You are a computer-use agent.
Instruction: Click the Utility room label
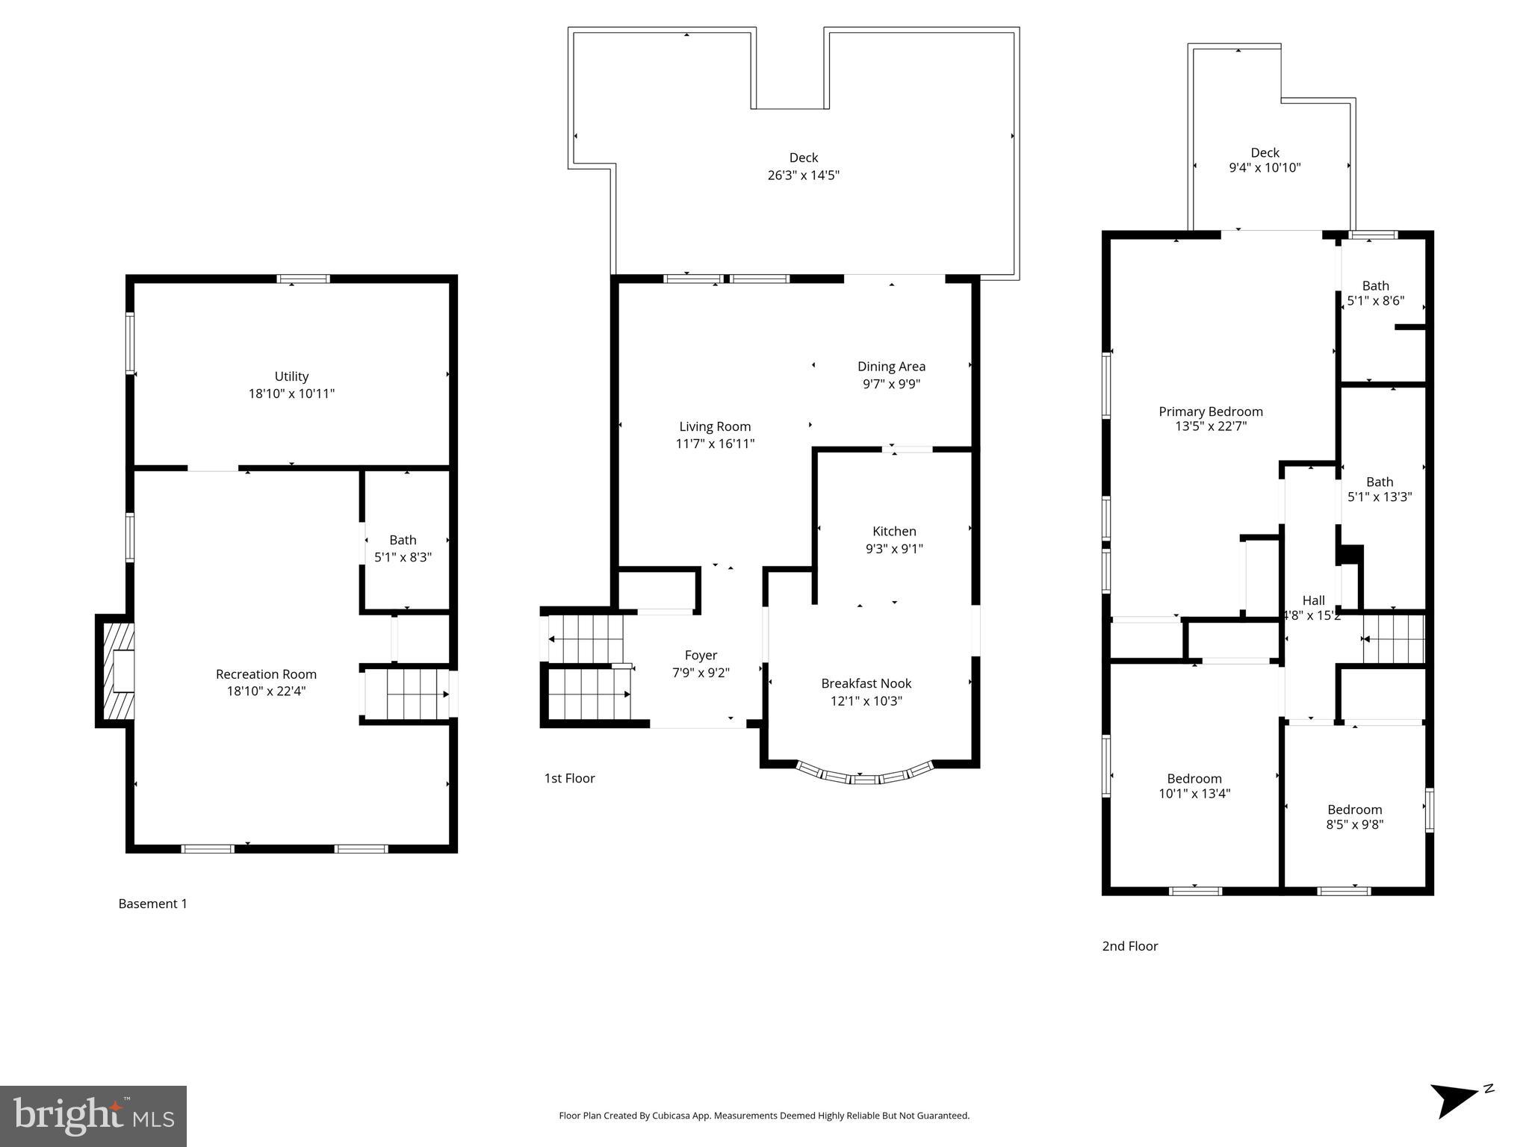click(x=291, y=376)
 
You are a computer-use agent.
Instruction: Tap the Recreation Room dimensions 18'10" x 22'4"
click(x=266, y=691)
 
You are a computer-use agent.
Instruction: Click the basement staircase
click(x=407, y=694)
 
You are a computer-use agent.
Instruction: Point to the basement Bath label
click(x=403, y=540)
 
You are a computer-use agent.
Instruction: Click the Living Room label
click(x=715, y=426)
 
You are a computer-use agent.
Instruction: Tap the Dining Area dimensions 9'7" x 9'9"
click(x=891, y=384)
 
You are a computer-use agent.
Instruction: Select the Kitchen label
click(x=894, y=531)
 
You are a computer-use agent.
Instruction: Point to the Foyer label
click(x=701, y=655)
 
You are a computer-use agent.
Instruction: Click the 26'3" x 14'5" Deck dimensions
click(x=804, y=175)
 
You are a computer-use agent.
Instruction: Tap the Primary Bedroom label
click(x=1210, y=411)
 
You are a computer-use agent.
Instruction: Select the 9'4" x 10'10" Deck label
click(x=1265, y=152)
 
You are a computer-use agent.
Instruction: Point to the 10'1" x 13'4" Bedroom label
click(x=1194, y=779)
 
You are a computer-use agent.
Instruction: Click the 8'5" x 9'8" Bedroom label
click(x=1354, y=809)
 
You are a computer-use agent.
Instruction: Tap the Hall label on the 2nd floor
click(x=1313, y=600)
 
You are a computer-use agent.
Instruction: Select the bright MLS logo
click(x=93, y=1116)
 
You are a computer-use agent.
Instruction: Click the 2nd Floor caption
click(x=1129, y=946)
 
